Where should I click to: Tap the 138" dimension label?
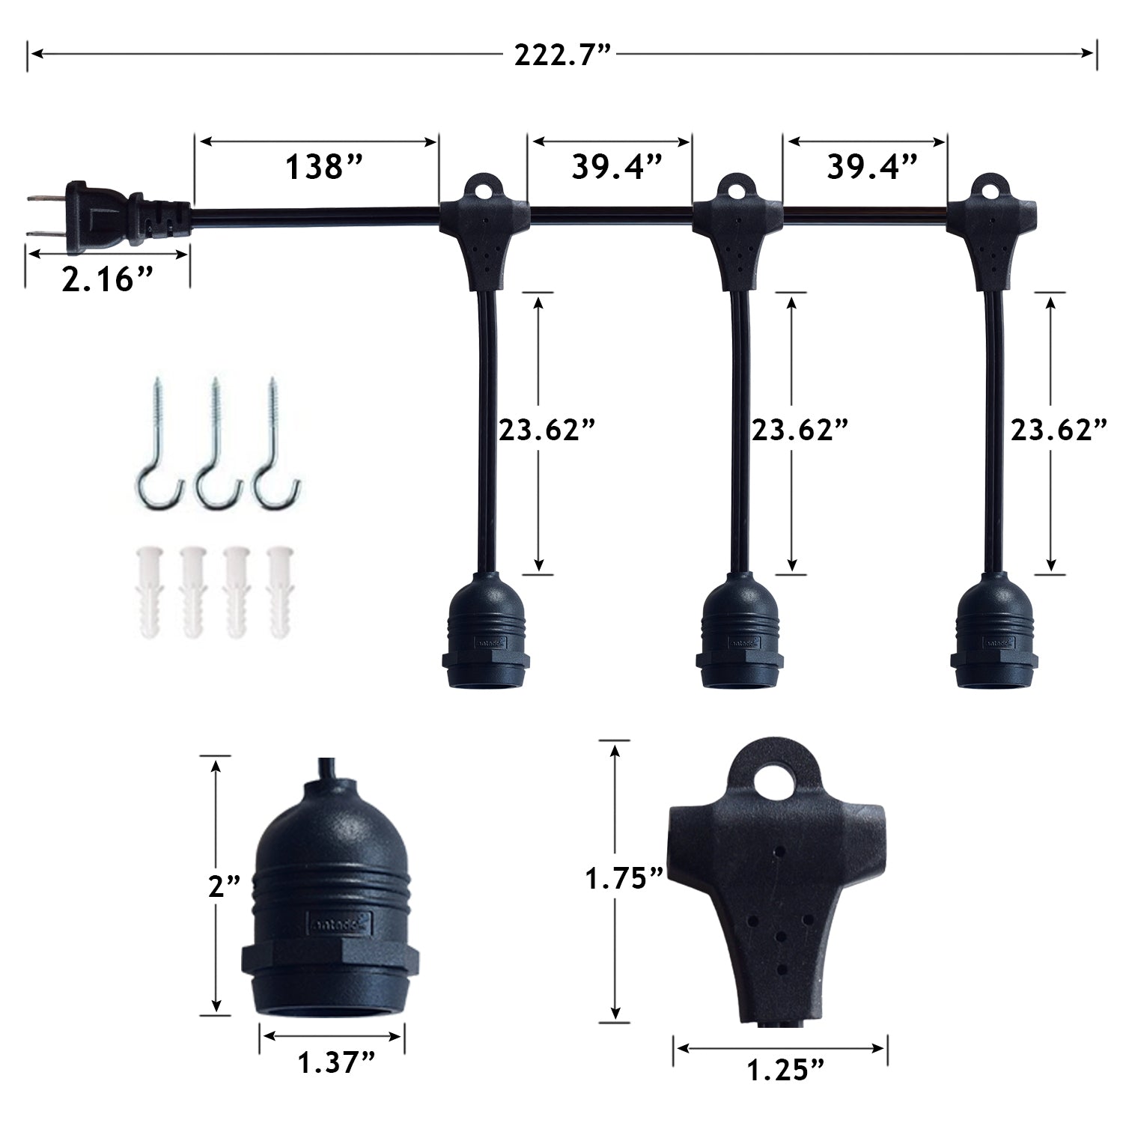(x=323, y=168)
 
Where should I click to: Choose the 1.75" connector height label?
(x=624, y=878)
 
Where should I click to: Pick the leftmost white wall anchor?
(x=148, y=591)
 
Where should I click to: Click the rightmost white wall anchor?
(x=279, y=591)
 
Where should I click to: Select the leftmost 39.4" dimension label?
(x=617, y=168)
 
